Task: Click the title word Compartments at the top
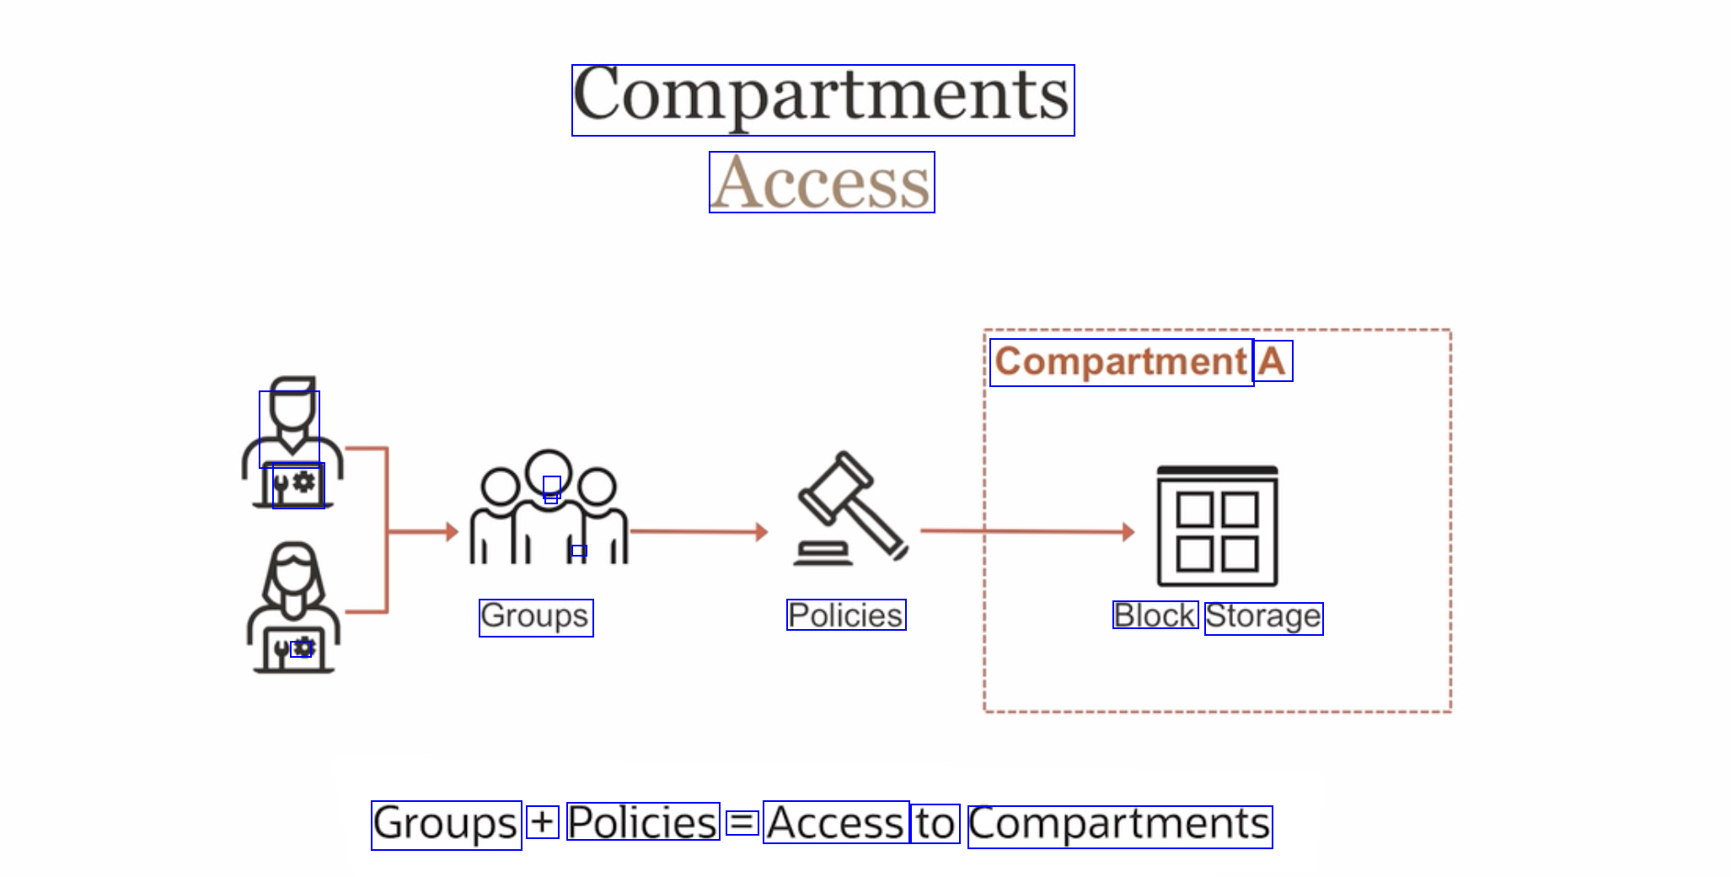tap(823, 100)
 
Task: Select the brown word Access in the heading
tap(822, 182)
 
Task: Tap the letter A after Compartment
tap(1273, 361)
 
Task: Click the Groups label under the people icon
tap(536, 617)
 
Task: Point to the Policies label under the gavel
tap(846, 615)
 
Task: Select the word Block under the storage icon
tap(1155, 615)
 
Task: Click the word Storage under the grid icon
tap(1263, 618)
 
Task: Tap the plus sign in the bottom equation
tap(543, 822)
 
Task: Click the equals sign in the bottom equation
tap(742, 822)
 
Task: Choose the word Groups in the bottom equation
tap(446, 825)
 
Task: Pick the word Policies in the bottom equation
tap(643, 822)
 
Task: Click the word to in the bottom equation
tap(935, 824)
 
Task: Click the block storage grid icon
tap(1217, 526)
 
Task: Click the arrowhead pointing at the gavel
tap(762, 532)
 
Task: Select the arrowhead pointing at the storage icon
tap(1128, 532)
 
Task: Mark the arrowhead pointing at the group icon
tap(453, 532)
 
